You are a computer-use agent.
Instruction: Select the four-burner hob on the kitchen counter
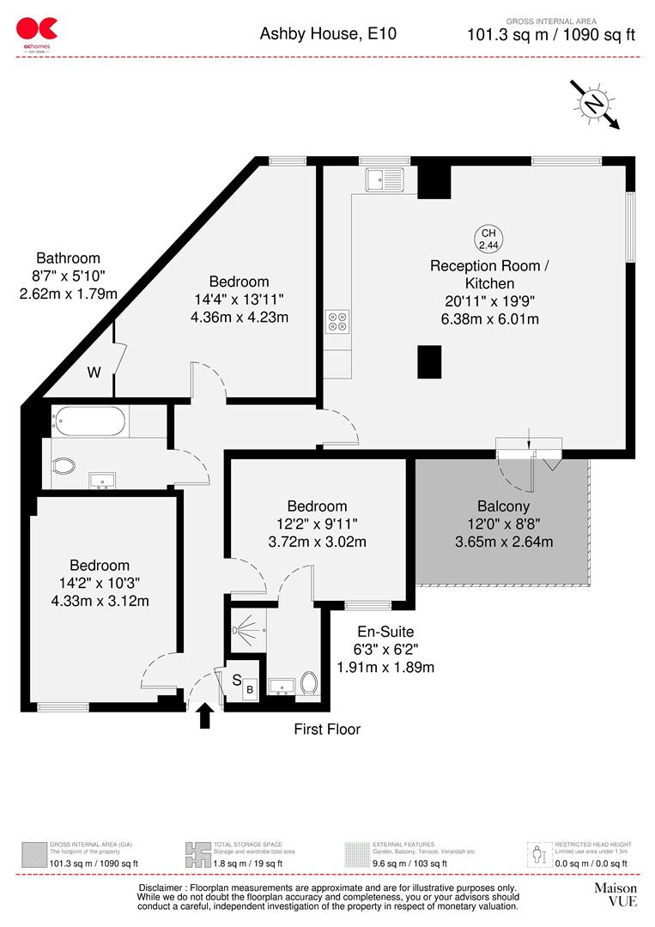[337, 321]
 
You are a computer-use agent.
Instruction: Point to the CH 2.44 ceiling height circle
[488, 239]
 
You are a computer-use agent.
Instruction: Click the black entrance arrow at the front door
[205, 715]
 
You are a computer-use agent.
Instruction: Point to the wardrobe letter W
[94, 373]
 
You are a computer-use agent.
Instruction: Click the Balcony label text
[504, 506]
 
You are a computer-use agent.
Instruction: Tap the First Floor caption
[327, 730]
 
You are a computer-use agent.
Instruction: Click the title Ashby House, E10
[329, 34]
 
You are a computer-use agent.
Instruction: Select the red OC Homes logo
[37, 32]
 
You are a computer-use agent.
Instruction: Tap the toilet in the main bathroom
[64, 466]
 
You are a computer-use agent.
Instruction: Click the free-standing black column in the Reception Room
[429, 361]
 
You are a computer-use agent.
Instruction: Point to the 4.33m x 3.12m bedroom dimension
[100, 601]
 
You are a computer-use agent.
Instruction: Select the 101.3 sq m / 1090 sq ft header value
[551, 35]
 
